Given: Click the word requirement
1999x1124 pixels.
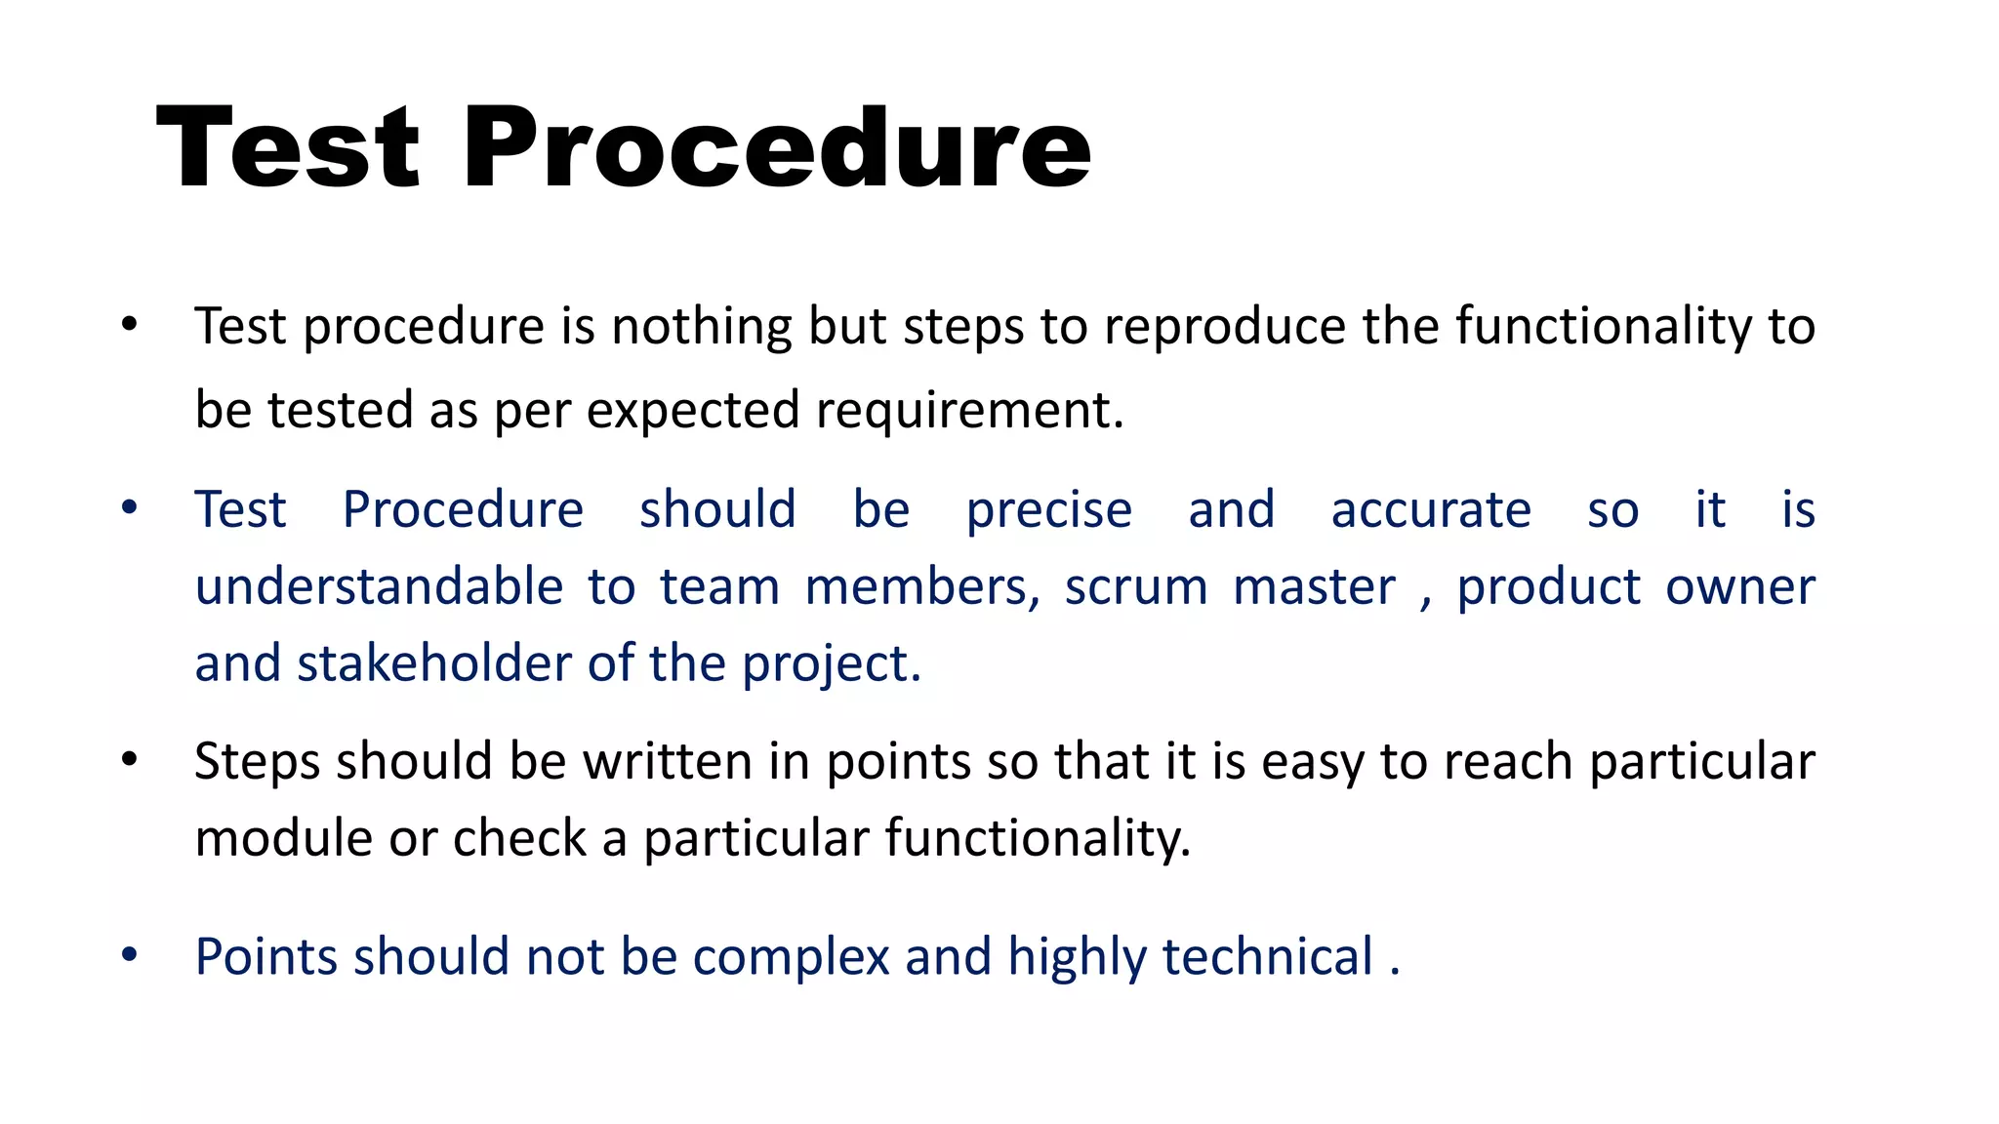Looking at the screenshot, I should coord(969,411).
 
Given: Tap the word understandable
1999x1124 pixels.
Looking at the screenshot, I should coord(379,587).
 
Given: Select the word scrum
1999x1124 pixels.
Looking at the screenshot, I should coord(1136,587).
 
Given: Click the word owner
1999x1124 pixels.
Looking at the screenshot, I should coord(1739,587).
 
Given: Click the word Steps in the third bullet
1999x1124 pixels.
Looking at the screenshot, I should coord(257,762).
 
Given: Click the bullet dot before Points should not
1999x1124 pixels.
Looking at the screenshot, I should coord(129,955).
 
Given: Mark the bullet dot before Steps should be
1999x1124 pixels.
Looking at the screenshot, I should coord(129,760).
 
